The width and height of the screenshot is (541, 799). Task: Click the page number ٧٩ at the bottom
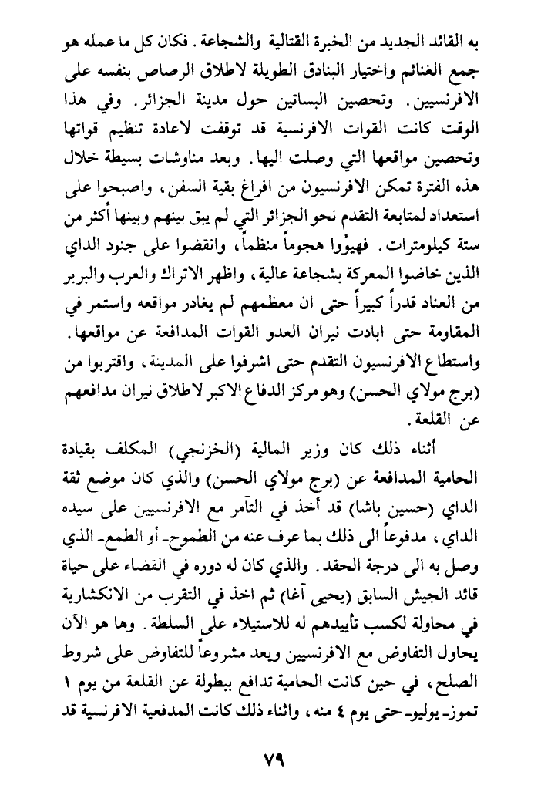click(270, 758)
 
